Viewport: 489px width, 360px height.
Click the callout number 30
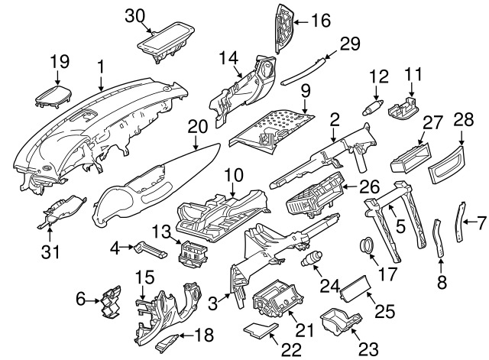(x=135, y=16)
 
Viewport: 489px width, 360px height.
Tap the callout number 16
(x=321, y=21)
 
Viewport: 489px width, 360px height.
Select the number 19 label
(x=60, y=62)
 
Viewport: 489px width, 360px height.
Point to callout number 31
(x=50, y=251)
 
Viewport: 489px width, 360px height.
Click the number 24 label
(x=329, y=286)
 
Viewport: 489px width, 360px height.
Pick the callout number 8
(x=442, y=282)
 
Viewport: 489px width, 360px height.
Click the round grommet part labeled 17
(x=367, y=245)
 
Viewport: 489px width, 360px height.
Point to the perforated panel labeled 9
(x=271, y=128)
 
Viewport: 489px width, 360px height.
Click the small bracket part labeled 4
(x=151, y=250)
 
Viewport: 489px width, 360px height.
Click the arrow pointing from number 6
(x=93, y=301)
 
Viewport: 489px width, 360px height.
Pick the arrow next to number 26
(x=350, y=187)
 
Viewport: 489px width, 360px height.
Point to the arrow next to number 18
(x=186, y=336)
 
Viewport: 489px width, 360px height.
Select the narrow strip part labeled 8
(x=438, y=238)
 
